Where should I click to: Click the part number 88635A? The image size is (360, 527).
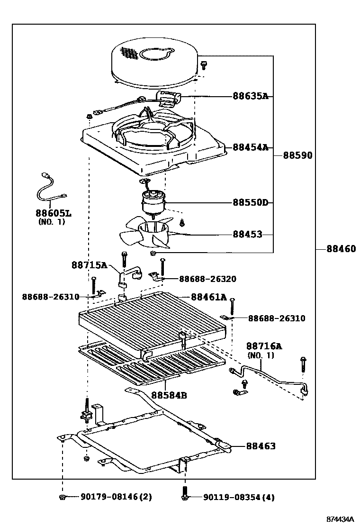(x=251, y=96)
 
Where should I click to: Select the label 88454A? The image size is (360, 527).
(x=251, y=147)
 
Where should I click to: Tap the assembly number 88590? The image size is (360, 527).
(x=297, y=155)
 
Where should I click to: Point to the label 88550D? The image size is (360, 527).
(x=251, y=203)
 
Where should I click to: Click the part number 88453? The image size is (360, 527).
(x=247, y=234)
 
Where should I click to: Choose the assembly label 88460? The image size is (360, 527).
(x=341, y=249)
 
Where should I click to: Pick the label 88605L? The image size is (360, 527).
(x=54, y=213)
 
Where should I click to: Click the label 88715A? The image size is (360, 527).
(x=90, y=265)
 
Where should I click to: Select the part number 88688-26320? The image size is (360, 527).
(x=208, y=279)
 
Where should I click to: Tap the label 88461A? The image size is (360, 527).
(x=209, y=297)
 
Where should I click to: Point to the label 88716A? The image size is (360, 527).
(x=264, y=346)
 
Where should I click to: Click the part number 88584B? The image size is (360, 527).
(x=169, y=395)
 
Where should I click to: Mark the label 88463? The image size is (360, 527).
(x=261, y=446)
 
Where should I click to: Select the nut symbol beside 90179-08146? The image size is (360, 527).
(x=62, y=497)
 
